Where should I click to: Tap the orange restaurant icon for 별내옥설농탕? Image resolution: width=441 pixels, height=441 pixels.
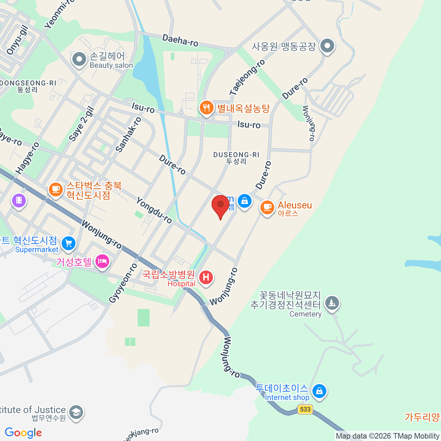(207, 108)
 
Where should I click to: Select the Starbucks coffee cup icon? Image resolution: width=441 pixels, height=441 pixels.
(55, 190)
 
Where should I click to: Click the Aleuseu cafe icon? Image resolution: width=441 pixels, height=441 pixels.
(267, 207)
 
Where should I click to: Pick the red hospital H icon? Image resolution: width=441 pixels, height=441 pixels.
(206, 277)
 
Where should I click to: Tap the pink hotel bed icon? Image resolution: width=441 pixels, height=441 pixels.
(103, 261)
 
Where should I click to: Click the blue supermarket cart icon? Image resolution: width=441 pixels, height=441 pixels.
(68, 243)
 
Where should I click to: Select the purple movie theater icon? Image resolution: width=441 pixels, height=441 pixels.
(19, 200)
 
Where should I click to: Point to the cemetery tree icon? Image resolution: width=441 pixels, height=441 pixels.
(332, 303)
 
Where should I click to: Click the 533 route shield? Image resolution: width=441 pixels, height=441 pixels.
(305, 409)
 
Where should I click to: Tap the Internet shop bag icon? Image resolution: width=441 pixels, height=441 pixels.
(319, 391)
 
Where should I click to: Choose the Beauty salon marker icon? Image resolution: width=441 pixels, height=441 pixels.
(79, 59)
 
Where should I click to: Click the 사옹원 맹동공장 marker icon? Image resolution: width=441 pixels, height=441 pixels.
(327, 46)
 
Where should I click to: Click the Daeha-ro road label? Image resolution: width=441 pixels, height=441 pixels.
(180, 40)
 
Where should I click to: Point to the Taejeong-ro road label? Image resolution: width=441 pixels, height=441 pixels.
(247, 78)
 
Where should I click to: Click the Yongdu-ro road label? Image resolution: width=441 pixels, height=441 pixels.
(154, 210)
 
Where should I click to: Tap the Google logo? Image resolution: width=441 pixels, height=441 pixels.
(23, 433)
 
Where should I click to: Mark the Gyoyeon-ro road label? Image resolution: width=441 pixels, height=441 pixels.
(123, 283)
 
